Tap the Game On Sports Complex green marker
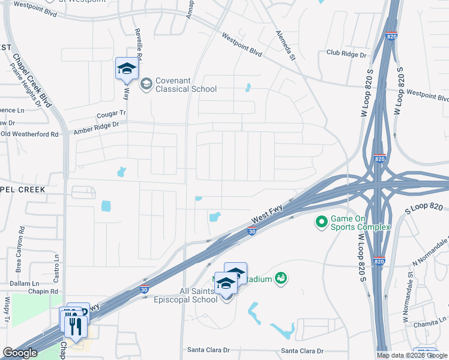[x=321, y=223]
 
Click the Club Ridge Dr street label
[x=346, y=54]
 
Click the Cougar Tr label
[x=112, y=113]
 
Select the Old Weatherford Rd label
[x=29, y=134]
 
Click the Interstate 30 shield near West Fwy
[x=253, y=230]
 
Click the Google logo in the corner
[x=20, y=353]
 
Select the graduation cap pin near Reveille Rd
[x=127, y=69]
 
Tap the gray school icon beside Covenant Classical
[x=146, y=85]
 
